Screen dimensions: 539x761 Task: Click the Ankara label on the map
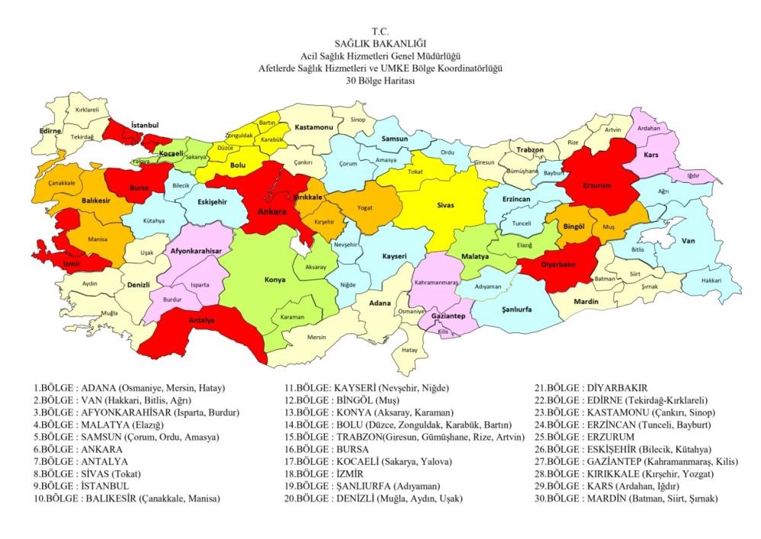click(271, 213)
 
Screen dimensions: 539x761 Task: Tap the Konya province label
click(275, 280)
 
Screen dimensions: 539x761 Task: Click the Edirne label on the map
click(50, 130)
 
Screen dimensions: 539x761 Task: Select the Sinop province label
click(358, 120)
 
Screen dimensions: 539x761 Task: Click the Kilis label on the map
click(442, 332)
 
